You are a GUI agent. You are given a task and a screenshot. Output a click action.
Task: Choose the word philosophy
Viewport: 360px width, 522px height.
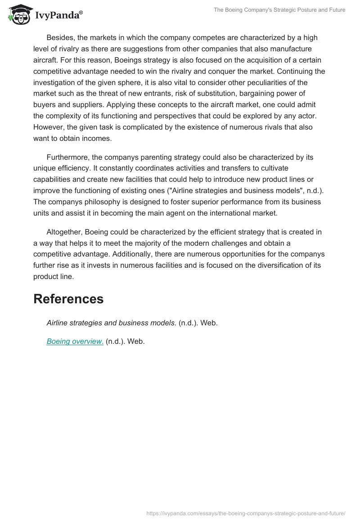click(x=100, y=202)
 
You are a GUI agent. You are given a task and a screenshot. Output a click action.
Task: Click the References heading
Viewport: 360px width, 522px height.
click(x=68, y=299)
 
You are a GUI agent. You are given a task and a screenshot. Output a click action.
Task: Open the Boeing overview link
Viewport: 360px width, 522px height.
click(x=75, y=342)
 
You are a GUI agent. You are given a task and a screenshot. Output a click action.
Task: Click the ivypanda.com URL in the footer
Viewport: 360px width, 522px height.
click(x=246, y=513)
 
